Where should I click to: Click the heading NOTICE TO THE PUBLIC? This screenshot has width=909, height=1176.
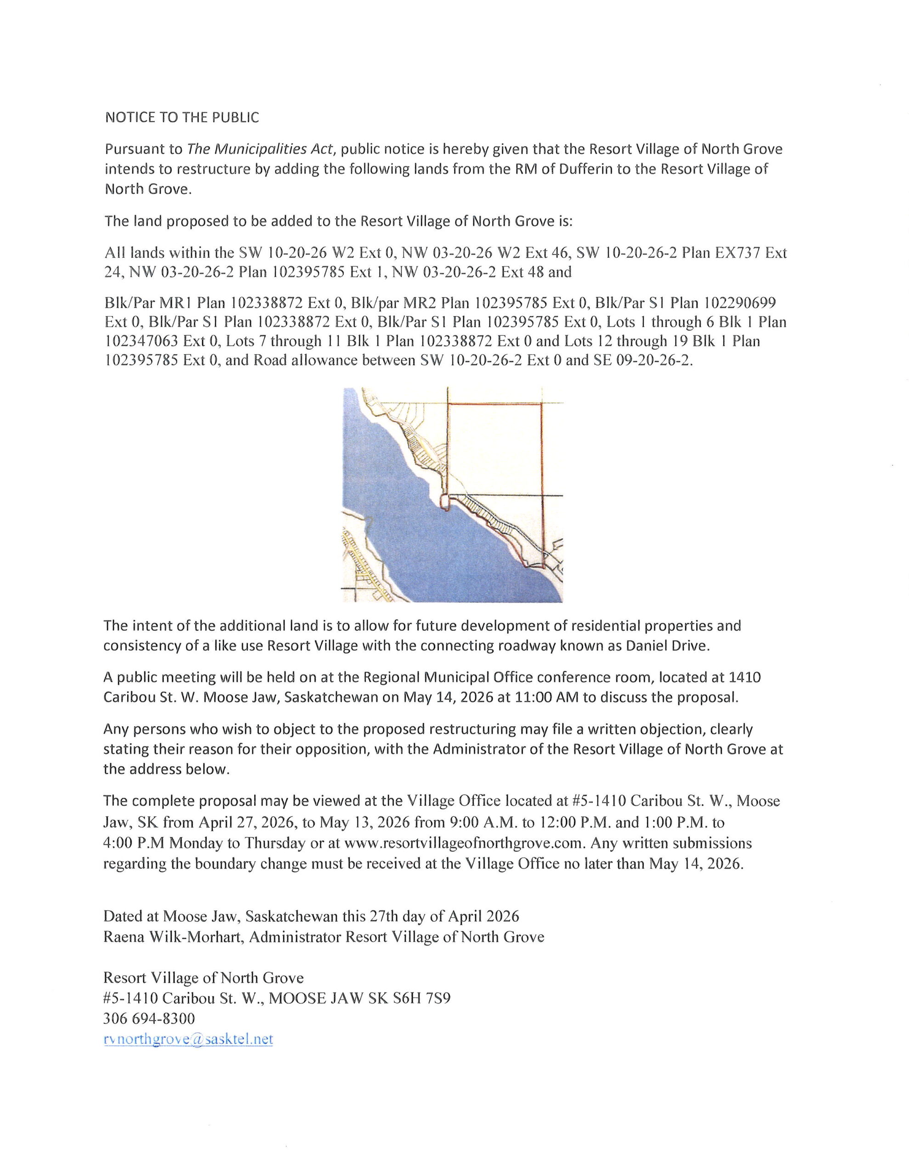(x=182, y=118)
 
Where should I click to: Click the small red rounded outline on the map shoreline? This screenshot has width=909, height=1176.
(x=444, y=502)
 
